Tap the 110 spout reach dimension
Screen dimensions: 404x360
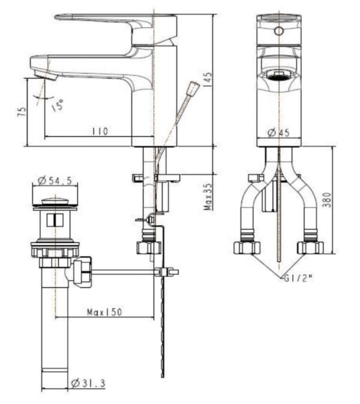tap(100, 130)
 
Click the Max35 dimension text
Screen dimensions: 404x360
tap(208, 196)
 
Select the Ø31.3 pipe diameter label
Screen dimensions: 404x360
tap(88, 382)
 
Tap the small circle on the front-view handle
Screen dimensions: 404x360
tap(278, 31)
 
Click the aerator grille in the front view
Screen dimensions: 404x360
tap(278, 75)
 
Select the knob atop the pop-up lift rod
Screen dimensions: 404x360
tap(193, 88)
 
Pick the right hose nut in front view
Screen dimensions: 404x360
tap(310, 246)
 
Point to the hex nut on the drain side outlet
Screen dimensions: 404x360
tap(83, 271)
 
